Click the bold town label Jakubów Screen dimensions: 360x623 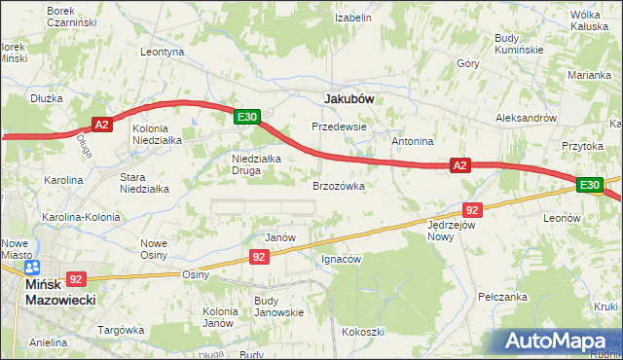[348, 98]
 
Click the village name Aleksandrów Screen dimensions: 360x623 [526, 117]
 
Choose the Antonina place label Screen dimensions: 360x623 [412, 141]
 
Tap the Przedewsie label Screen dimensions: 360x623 [338, 126]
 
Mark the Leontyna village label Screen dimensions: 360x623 [163, 52]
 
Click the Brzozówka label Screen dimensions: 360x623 [338, 185]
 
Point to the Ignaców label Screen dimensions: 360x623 [342, 260]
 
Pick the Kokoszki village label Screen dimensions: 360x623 [362, 332]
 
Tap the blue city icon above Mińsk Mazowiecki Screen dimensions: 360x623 [32, 267]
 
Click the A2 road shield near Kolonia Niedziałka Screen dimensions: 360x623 [103, 124]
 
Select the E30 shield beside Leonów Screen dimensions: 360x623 [589, 184]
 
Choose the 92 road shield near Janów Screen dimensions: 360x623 [258, 256]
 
